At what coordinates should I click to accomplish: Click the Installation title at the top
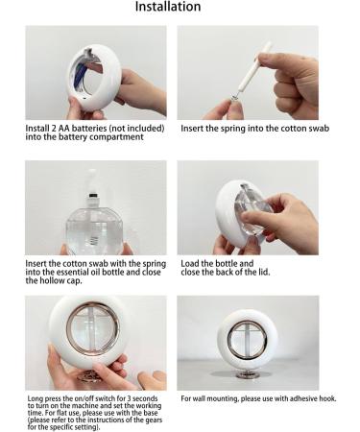(x=168, y=7)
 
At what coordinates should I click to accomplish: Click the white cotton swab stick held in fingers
(x=255, y=66)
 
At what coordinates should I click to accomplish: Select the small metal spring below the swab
(x=235, y=96)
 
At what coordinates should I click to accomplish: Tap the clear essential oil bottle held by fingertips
(x=95, y=228)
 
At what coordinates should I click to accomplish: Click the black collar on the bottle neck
(x=93, y=195)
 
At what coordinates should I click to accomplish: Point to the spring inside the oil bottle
(x=94, y=239)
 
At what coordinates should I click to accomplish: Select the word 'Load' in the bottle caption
(x=190, y=264)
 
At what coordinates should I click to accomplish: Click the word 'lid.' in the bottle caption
(x=264, y=273)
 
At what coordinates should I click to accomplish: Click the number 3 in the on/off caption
(x=129, y=398)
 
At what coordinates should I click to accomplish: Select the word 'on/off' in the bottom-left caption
(x=84, y=398)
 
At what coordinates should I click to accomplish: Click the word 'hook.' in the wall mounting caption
(x=327, y=398)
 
